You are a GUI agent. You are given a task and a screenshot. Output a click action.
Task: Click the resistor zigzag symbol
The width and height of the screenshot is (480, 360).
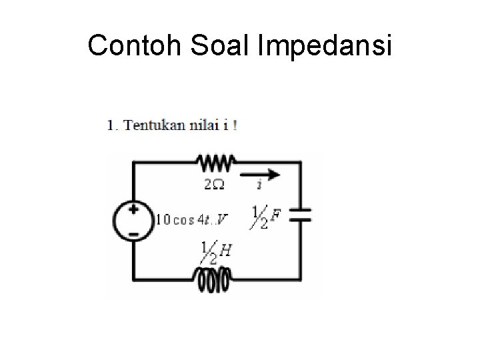pyautogui.click(x=213, y=162)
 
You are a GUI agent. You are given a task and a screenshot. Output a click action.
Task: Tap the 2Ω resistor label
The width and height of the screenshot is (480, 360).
pyautogui.click(x=213, y=184)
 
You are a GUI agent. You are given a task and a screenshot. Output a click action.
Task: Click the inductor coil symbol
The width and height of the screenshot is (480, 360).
pyautogui.click(x=212, y=281)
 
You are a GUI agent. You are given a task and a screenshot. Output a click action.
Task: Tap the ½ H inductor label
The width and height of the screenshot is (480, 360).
pyautogui.click(x=217, y=252)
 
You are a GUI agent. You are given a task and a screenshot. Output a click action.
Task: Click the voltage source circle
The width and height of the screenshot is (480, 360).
pyautogui.click(x=134, y=221)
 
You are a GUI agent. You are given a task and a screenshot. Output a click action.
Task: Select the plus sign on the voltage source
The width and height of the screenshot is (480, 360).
pyautogui.click(x=134, y=209)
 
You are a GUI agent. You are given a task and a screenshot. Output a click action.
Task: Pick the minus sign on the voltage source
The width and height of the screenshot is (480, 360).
pyautogui.click(x=134, y=234)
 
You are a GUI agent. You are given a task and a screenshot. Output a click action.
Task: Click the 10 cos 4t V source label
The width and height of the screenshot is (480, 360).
pyautogui.click(x=191, y=219)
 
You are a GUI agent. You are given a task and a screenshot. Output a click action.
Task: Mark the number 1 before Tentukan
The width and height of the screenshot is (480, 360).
pyautogui.click(x=110, y=126)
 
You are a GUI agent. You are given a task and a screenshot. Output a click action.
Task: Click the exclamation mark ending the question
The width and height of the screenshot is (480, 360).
pyautogui.click(x=235, y=126)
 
